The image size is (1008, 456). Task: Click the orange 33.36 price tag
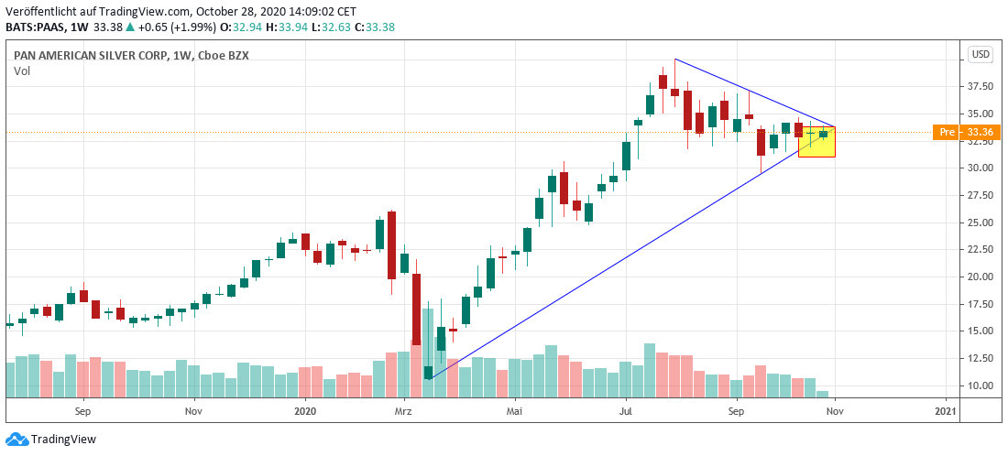(980, 133)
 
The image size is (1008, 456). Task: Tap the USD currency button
(981, 54)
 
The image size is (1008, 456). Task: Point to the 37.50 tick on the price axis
(981, 87)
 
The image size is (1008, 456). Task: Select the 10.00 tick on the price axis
(981, 385)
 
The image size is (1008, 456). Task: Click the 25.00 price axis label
(981, 223)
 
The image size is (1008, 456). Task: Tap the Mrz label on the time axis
(403, 412)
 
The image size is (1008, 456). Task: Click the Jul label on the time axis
(625, 412)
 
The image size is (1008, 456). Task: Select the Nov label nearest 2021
(834, 412)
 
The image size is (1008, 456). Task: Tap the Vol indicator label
(22, 71)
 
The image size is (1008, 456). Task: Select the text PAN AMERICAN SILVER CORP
(91, 55)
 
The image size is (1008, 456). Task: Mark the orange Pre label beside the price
(945, 133)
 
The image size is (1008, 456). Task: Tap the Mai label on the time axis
(515, 412)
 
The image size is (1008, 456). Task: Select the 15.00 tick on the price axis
(981, 331)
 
